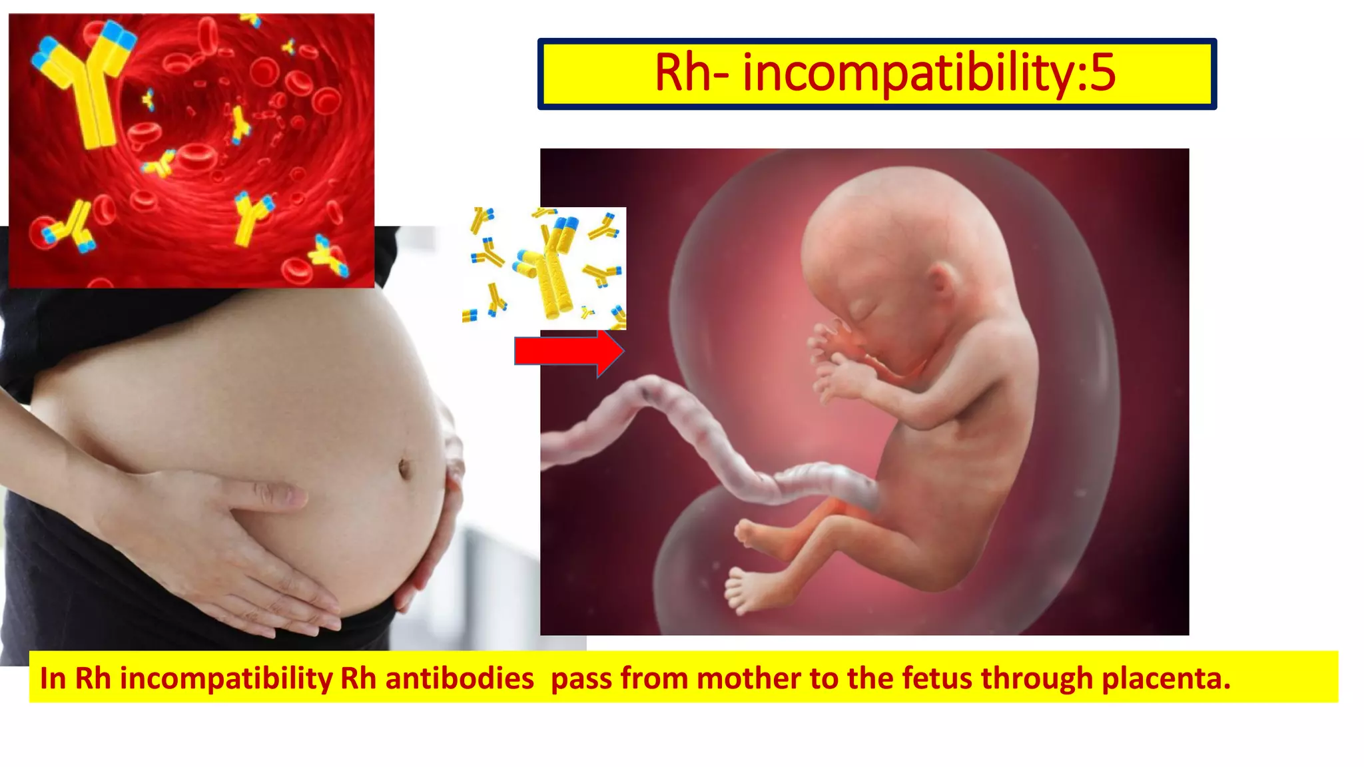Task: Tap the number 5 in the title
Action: coord(1103,73)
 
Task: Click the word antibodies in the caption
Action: coord(460,678)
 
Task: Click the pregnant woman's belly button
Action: coord(404,468)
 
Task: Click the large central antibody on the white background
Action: coord(549,273)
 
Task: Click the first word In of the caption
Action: coord(53,678)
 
